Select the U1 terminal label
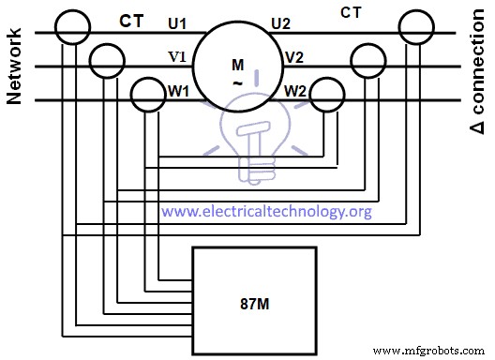click(177, 21)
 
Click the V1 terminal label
click(177, 55)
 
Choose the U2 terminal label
click(281, 21)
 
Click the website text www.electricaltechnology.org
click(266, 211)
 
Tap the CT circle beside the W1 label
click(146, 94)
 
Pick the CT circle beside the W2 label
click(328, 94)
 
